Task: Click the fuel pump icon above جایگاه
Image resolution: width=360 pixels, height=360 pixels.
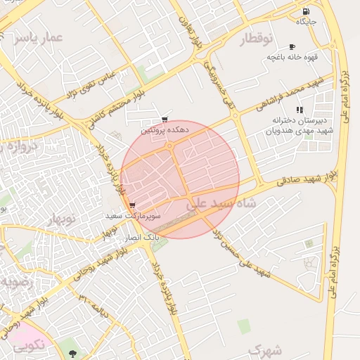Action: coord(306,12)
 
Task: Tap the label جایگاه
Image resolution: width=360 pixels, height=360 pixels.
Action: coord(307,22)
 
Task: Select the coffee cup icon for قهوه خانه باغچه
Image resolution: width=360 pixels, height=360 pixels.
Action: coord(292,46)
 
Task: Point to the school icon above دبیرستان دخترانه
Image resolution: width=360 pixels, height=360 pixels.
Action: coord(300,110)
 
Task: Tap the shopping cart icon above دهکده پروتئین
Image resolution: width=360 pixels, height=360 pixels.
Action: coord(165,120)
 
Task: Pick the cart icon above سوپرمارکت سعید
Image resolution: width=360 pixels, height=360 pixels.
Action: coord(133,205)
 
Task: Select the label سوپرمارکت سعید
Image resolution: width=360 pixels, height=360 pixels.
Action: coord(134,216)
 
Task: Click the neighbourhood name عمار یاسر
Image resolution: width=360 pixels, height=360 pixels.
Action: coord(33,37)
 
